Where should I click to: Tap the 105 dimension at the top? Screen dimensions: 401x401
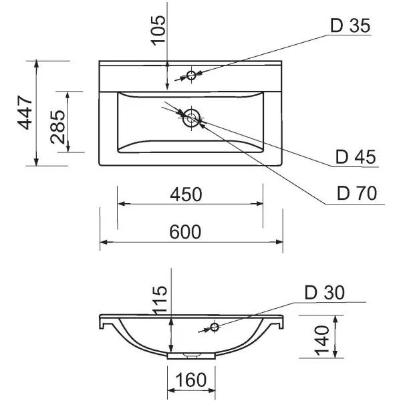pos(158,30)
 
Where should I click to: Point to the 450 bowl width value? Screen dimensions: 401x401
pos(186,194)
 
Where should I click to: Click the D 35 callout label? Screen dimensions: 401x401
pos(350,26)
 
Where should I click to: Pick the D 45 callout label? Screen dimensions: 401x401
pos(356,158)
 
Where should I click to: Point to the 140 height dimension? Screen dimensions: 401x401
pos(321,340)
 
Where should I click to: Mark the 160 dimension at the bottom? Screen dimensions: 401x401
pos(190,382)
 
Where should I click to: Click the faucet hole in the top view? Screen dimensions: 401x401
pos(191,75)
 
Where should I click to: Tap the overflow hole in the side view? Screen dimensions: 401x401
pos(215,327)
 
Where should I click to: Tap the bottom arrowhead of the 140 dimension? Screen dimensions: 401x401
pos(336,358)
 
